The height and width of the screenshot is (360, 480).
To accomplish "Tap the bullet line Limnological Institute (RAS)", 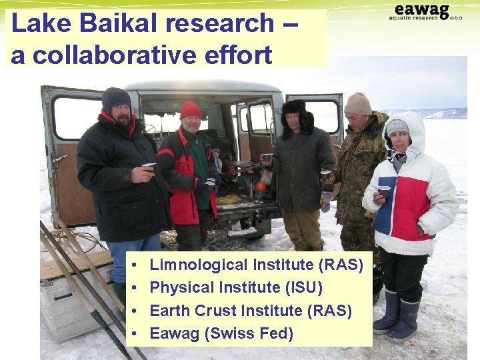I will (256, 265).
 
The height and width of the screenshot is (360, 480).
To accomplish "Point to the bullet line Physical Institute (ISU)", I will (236, 287).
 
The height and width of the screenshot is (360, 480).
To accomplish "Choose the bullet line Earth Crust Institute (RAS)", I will (251, 310).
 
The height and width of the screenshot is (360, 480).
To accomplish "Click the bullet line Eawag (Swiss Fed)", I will (221, 333).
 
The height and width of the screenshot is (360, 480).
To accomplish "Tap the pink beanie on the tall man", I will (358, 103).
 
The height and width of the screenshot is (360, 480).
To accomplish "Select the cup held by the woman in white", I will (384, 192).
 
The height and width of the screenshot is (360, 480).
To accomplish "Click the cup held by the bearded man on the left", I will (149, 167).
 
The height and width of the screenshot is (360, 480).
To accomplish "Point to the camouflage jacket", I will (357, 167).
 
